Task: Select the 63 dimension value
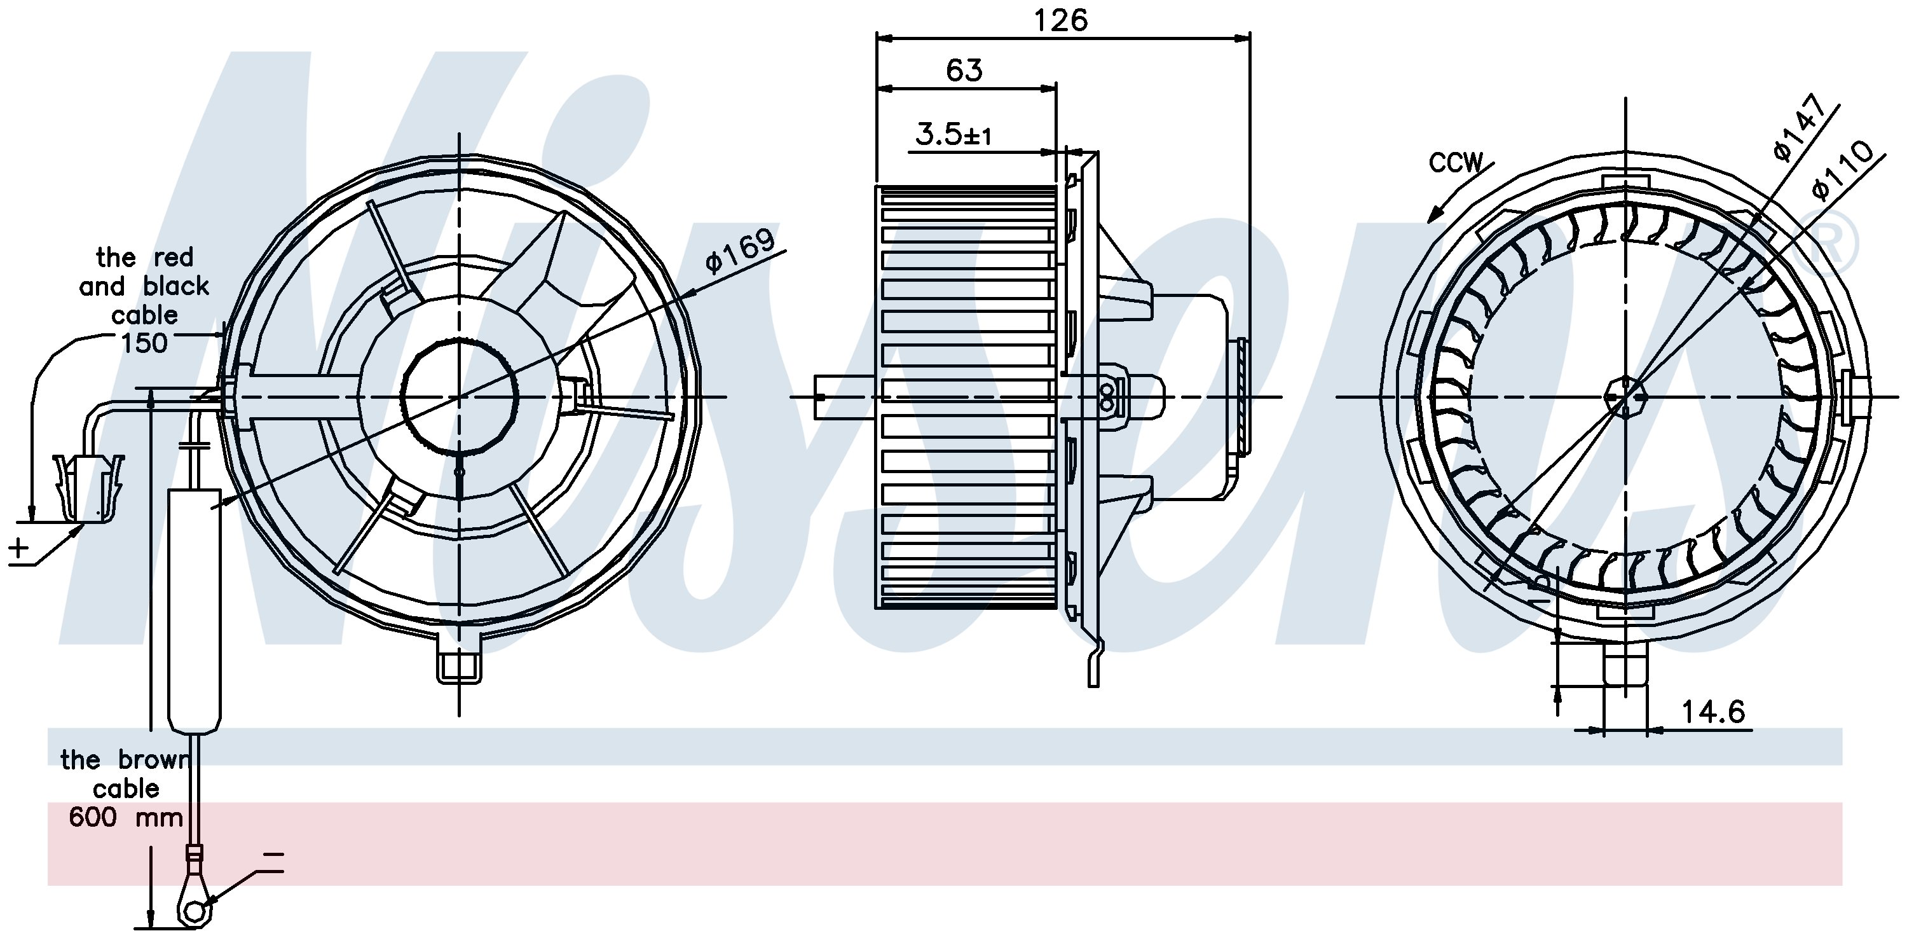point(964,71)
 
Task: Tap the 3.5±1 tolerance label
point(953,135)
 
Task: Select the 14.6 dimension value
point(1713,712)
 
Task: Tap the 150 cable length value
point(144,343)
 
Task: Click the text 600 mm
point(125,817)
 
